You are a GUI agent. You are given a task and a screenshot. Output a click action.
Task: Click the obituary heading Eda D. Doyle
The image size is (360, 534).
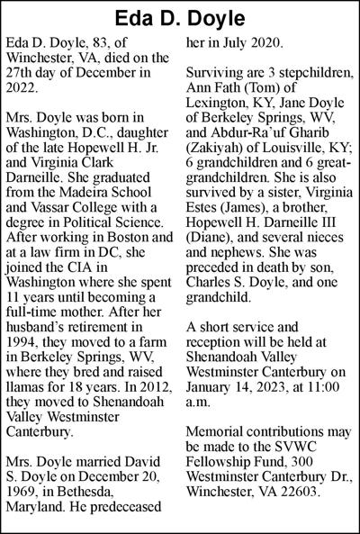(180, 17)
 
